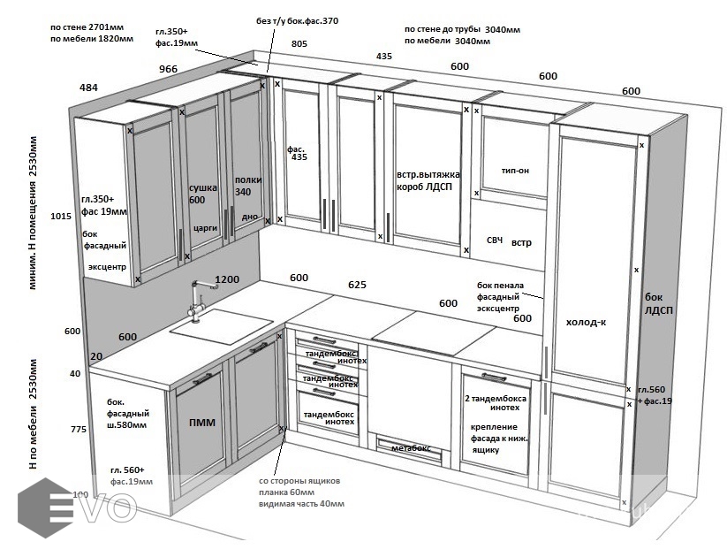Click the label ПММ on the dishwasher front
[x=202, y=423]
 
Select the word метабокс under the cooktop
[x=410, y=448]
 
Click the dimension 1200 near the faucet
[x=227, y=278]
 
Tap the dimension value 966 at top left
[x=168, y=69]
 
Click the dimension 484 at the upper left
[x=88, y=88]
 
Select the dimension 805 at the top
[x=299, y=43]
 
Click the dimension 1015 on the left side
[x=61, y=216]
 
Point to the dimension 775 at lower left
[x=80, y=430]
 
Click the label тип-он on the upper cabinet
[x=514, y=170]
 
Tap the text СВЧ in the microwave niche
[x=495, y=240]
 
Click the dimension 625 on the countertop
[x=357, y=286]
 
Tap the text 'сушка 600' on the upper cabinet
[x=203, y=194]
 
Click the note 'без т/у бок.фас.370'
[x=298, y=19]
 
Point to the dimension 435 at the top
[x=383, y=56]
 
